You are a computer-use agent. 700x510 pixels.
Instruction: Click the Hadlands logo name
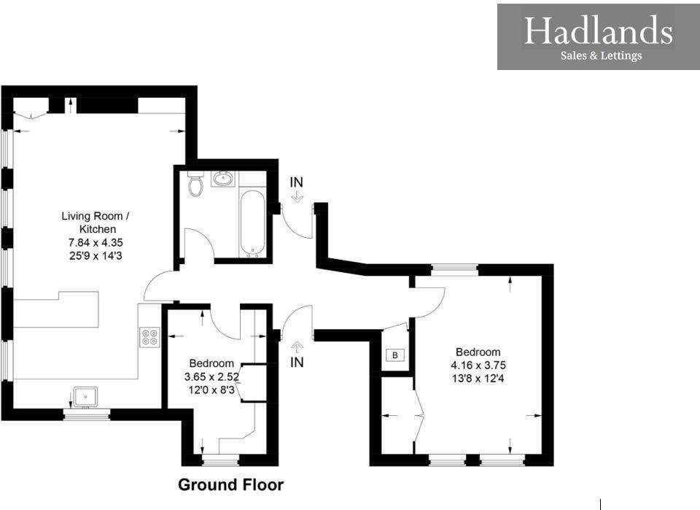click(x=598, y=31)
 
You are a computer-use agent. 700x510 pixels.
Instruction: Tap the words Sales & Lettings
click(x=600, y=55)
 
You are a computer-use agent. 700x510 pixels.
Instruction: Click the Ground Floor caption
click(x=230, y=484)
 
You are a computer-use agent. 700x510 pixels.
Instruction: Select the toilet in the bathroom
click(x=195, y=185)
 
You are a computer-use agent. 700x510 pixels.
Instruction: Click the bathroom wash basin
click(x=223, y=178)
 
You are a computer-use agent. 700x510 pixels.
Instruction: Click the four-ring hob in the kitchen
click(x=149, y=337)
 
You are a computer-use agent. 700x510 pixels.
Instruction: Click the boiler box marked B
click(x=394, y=355)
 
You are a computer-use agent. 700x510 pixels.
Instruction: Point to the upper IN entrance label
click(x=296, y=182)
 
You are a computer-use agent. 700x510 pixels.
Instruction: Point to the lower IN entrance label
click(x=297, y=362)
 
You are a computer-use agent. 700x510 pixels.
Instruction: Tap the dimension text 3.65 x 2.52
click(x=211, y=376)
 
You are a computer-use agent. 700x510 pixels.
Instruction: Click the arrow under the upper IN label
click(x=296, y=197)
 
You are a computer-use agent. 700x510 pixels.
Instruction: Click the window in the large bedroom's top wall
click(x=454, y=269)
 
